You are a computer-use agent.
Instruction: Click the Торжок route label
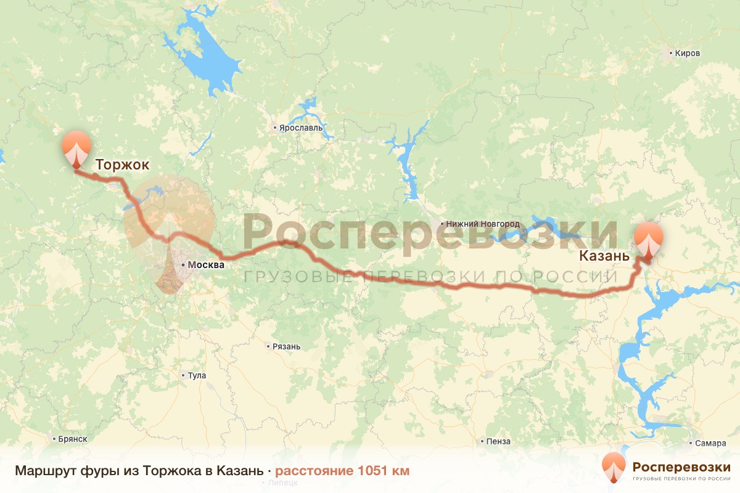pos(122,165)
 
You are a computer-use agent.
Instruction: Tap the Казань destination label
pos(604,256)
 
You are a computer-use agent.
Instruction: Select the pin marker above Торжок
pos(76,148)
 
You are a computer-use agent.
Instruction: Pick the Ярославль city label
pos(301,128)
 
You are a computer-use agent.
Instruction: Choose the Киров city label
pos(688,54)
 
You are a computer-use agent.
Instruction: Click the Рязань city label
pos(286,346)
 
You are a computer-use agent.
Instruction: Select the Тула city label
pos(197,375)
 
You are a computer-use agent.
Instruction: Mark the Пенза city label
pos(498,441)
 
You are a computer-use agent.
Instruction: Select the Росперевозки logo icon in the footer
pos(614,468)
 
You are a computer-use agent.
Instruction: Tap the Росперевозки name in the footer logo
pos(681,467)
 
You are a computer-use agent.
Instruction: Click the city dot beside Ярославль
pos(275,128)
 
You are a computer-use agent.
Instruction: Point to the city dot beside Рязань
pos(268,346)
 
